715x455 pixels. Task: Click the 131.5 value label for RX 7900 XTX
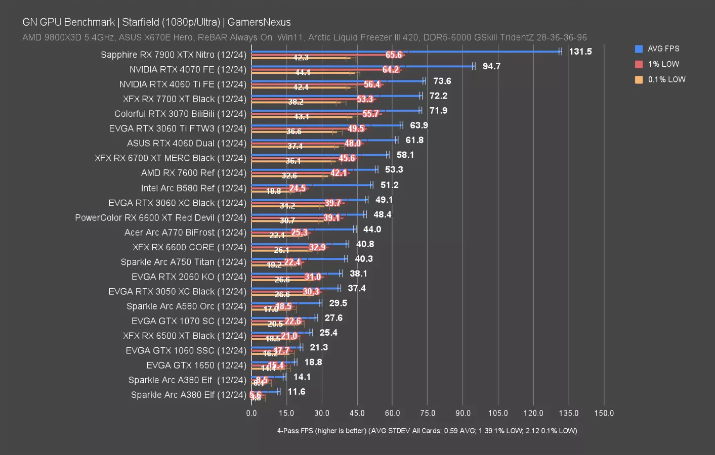coord(580,52)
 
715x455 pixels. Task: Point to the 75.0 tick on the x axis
coord(427,413)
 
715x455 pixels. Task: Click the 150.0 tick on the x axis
coord(604,413)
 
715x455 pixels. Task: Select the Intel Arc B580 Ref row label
coord(193,188)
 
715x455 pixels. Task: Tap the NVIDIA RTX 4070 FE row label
coord(188,69)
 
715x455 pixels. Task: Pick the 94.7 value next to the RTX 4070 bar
coord(491,66)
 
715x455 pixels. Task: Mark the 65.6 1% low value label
coord(394,55)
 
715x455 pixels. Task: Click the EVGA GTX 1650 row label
coord(196,365)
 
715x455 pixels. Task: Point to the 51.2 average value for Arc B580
coord(390,185)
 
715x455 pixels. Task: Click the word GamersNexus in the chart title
coord(259,22)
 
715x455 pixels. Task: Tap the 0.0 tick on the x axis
coord(251,413)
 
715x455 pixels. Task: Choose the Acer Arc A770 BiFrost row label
coord(185,233)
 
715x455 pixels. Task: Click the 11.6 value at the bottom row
coord(297,392)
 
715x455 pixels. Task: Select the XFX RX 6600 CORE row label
coord(189,247)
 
